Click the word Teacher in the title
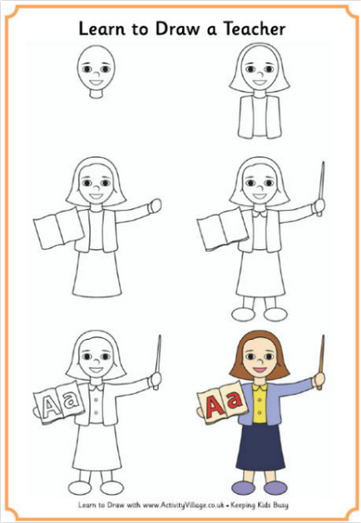[254, 28]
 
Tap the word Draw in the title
[177, 28]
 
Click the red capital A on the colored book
[213, 406]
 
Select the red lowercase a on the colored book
[234, 400]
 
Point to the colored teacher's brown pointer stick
[321, 362]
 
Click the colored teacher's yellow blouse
[260, 403]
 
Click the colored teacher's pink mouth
[260, 370]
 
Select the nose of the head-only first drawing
[96, 74]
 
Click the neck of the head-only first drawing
[96, 93]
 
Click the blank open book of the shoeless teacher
[59, 228]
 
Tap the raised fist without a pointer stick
[155, 206]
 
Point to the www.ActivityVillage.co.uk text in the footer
[183, 505]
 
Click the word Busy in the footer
[281, 506]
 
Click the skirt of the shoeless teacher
[96, 273]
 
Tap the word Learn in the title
[102, 28]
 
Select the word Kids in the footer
[264, 505]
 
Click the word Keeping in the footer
[242, 506]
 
